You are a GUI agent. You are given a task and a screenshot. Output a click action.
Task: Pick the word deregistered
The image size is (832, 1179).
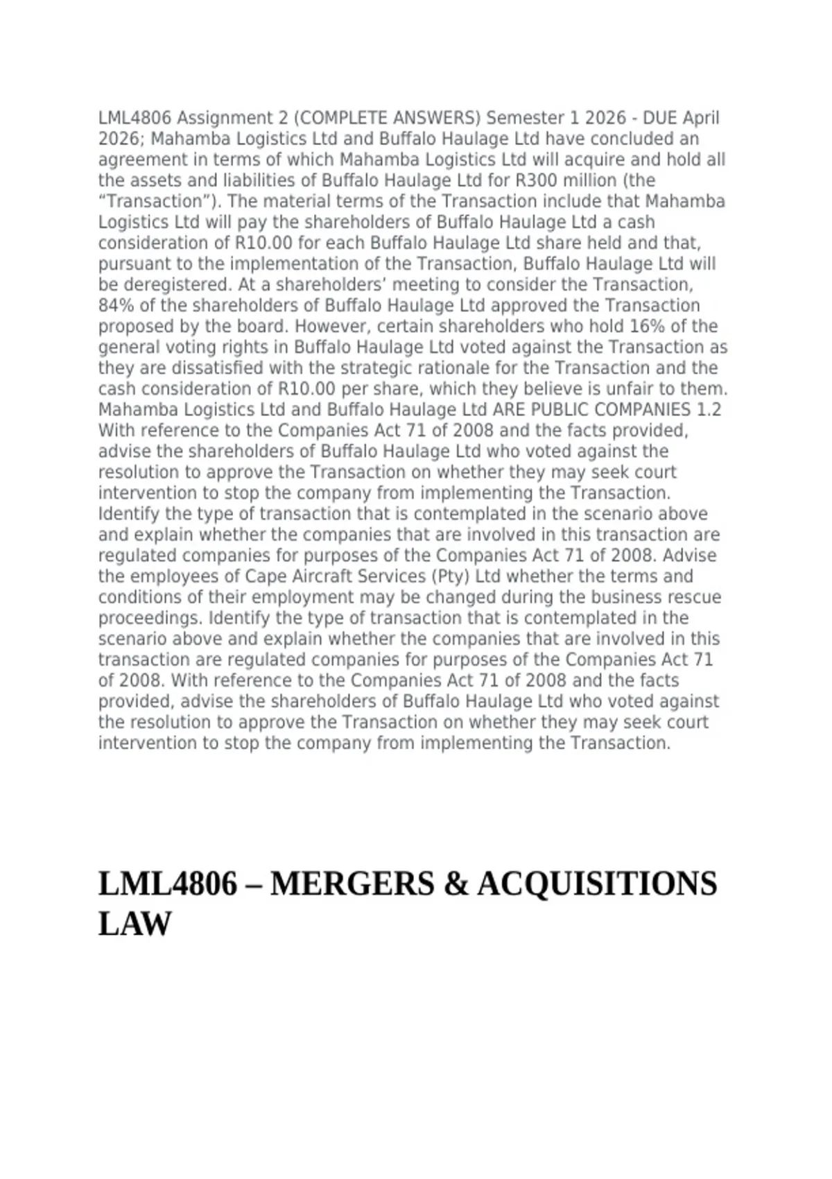tap(176, 285)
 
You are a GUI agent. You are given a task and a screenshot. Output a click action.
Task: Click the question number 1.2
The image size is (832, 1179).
tap(709, 410)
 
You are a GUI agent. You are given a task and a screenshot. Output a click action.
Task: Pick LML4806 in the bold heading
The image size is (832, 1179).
tap(167, 884)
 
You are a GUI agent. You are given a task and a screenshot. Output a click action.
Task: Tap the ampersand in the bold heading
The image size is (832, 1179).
tap(455, 884)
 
